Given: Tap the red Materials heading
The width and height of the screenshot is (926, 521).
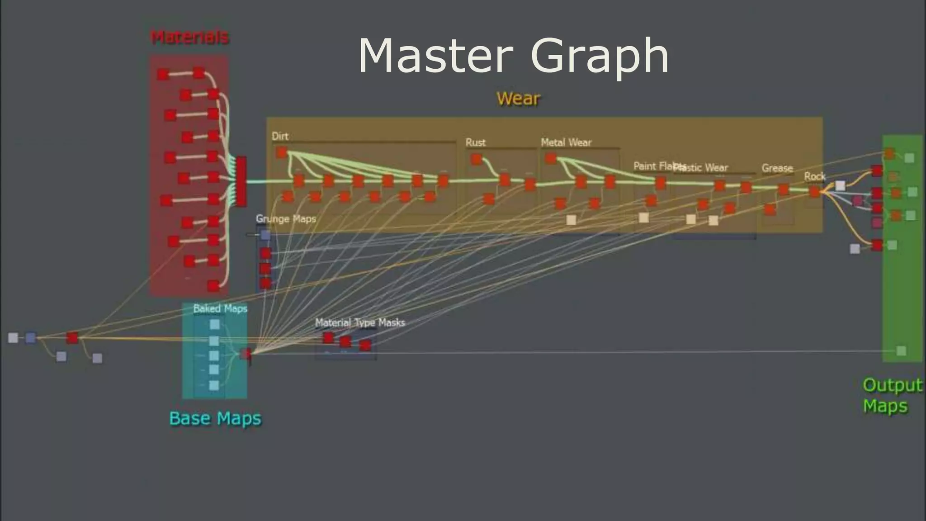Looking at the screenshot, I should [x=189, y=37].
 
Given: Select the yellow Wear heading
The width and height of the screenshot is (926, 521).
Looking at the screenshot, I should [x=518, y=99].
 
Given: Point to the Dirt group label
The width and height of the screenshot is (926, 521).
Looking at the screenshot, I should [x=280, y=136].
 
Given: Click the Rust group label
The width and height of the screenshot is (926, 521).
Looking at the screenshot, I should [x=475, y=142].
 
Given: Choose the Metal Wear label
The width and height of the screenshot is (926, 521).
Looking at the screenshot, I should [x=566, y=142].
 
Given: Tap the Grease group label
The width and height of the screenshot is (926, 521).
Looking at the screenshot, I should [x=777, y=168].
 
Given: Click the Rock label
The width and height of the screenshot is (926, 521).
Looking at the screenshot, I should [x=815, y=176].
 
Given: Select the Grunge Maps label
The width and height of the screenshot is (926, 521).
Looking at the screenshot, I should [x=286, y=219].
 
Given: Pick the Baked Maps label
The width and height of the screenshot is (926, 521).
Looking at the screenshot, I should [x=220, y=308].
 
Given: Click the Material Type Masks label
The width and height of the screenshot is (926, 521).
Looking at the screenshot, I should [x=360, y=322].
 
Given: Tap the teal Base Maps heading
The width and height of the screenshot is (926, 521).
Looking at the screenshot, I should [x=215, y=418].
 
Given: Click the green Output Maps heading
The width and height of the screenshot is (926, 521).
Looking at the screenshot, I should [x=891, y=395].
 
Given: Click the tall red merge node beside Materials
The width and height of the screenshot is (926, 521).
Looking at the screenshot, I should [x=241, y=181].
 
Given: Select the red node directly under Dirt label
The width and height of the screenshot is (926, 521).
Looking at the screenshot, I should [x=282, y=152].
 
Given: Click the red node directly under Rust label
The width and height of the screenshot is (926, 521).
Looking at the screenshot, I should [x=476, y=159].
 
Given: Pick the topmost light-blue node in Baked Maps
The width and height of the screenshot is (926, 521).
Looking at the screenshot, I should [x=215, y=324].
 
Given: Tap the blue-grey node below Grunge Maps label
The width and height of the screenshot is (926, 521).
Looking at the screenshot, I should [x=265, y=235].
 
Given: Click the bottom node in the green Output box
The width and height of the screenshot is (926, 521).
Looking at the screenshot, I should [x=901, y=351].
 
